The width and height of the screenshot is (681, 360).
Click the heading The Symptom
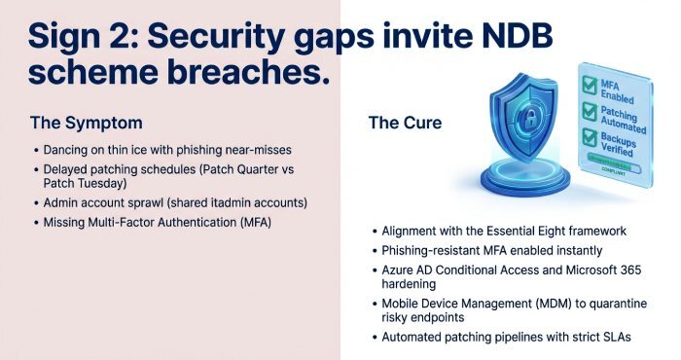point(86,123)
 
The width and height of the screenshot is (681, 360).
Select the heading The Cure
point(405,123)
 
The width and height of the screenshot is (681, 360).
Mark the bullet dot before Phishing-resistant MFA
point(374,250)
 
